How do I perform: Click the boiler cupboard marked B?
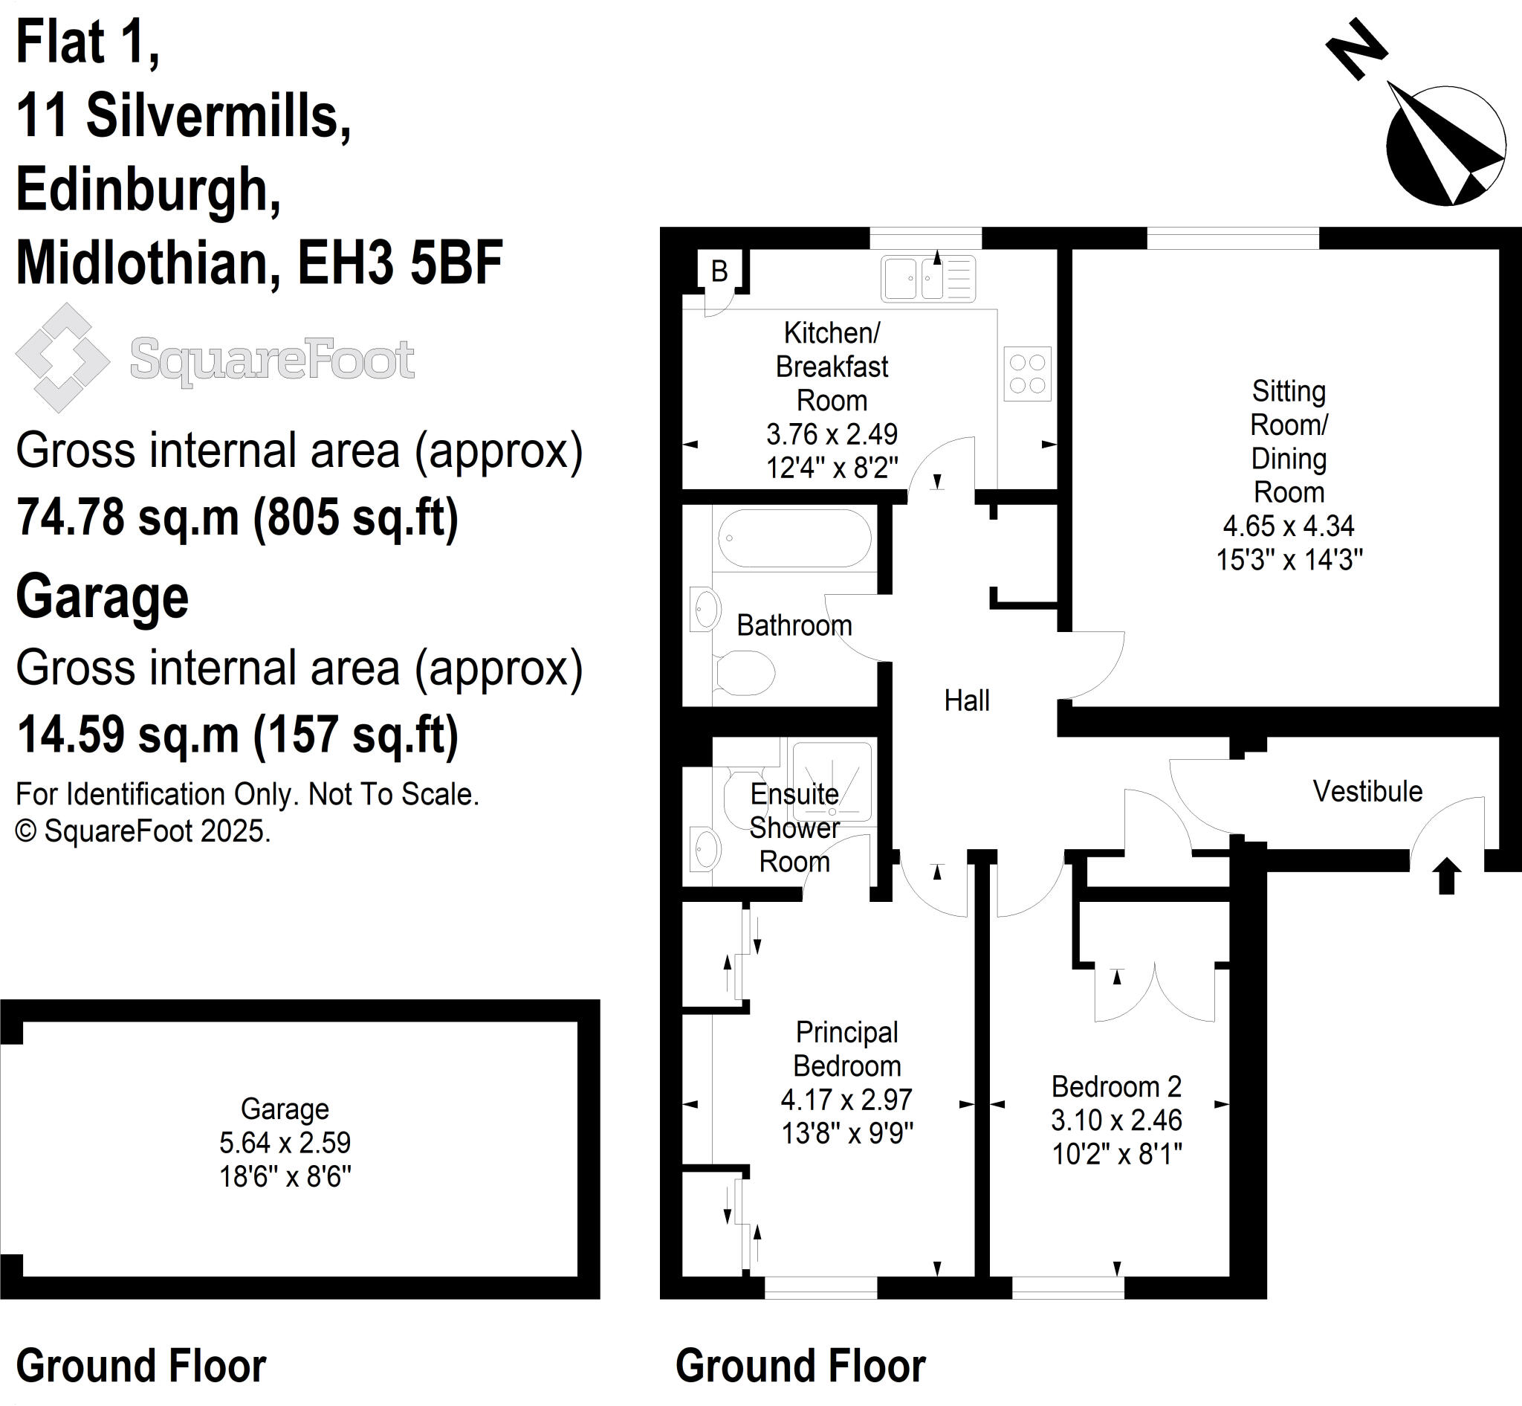tap(719, 271)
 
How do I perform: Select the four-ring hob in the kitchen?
tap(1027, 373)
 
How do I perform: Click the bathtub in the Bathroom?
tap(795, 538)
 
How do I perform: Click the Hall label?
tap(967, 700)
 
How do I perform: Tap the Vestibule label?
tap(1367, 791)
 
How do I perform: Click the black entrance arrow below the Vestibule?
tap(1446, 876)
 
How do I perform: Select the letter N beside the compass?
tap(1357, 50)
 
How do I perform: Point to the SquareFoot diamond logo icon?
tap(62, 358)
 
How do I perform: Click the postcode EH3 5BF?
tap(400, 262)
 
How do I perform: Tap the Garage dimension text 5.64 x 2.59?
tap(285, 1143)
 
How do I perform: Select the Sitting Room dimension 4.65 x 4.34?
tap(1289, 526)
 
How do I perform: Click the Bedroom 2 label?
tap(1115, 1086)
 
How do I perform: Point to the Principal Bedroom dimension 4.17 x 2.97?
tap(846, 1100)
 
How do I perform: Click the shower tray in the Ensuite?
tap(832, 782)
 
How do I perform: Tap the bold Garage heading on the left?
tap(103, 597)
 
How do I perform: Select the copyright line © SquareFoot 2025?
tap(143, 831)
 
